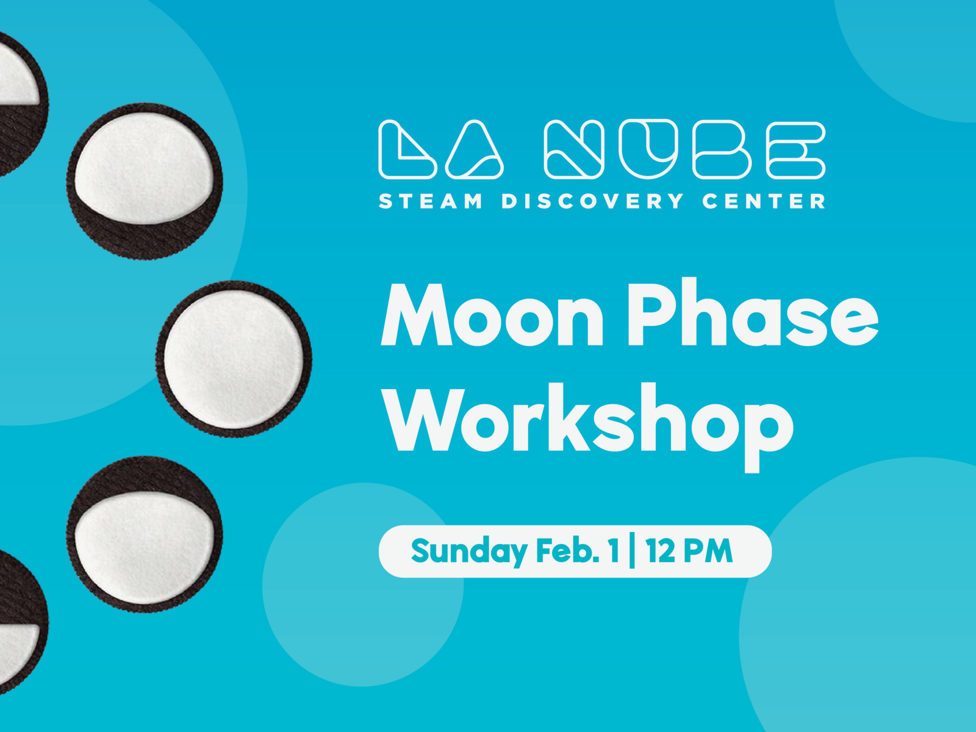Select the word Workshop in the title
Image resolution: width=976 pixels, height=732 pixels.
tap(589, 421)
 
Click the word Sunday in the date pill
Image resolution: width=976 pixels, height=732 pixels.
tap(468, 551)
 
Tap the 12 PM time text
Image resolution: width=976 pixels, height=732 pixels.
tap(689, 551)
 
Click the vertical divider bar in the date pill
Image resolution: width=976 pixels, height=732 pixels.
tap(632, 551)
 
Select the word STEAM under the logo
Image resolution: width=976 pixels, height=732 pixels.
tap(431, 201)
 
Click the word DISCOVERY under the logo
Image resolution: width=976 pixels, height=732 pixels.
tap(592, 201)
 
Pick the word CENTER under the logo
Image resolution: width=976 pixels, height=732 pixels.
tap(764, 201)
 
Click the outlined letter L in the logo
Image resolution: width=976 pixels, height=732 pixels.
tap(406, 150)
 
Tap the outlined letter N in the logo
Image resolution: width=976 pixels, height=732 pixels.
tap(573, 150)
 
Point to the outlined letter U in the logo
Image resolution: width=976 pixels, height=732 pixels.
tap(648, 149)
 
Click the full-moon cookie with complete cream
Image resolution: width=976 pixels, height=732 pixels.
tap(234, 358)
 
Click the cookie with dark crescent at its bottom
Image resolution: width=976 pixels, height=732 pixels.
tap(145, 181)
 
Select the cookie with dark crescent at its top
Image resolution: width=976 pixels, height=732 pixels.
tap(145, 534)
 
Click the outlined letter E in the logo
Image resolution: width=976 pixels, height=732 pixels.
tap(796, 150)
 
